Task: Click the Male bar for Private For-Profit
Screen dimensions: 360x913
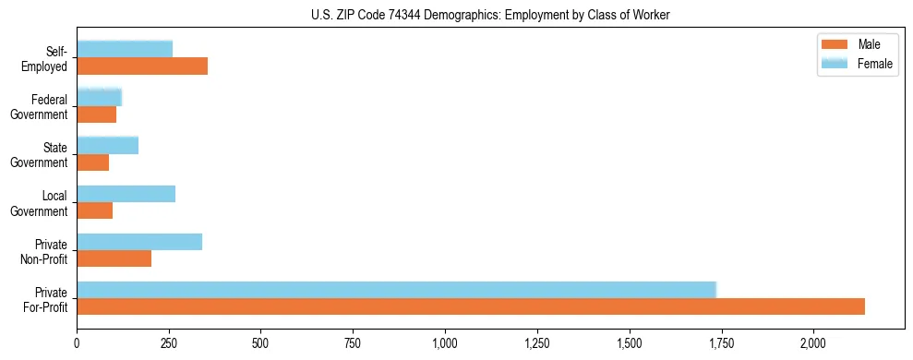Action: pyautogui.click(x=471, y=306)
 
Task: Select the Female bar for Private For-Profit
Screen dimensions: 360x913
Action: pyautogui.click(x=397, y=290)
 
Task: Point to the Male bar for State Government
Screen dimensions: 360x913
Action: pyautogui.click(x=92, y=162)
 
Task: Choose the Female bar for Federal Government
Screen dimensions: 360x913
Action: pyautogui.click(x=99, y=97)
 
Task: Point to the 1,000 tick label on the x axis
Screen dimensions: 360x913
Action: pyautogui.click(x=445, y=344)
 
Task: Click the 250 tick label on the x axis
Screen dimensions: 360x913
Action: pyautogui.click(x=169, y=344)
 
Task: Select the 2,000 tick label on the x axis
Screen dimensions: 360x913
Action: pyautogui.click(x=813, y=344)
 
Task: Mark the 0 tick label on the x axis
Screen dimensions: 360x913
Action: pyautogui.click(x=77, y=344)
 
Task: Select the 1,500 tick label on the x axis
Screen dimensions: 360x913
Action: pyautogui.click(x=629, y=344)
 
